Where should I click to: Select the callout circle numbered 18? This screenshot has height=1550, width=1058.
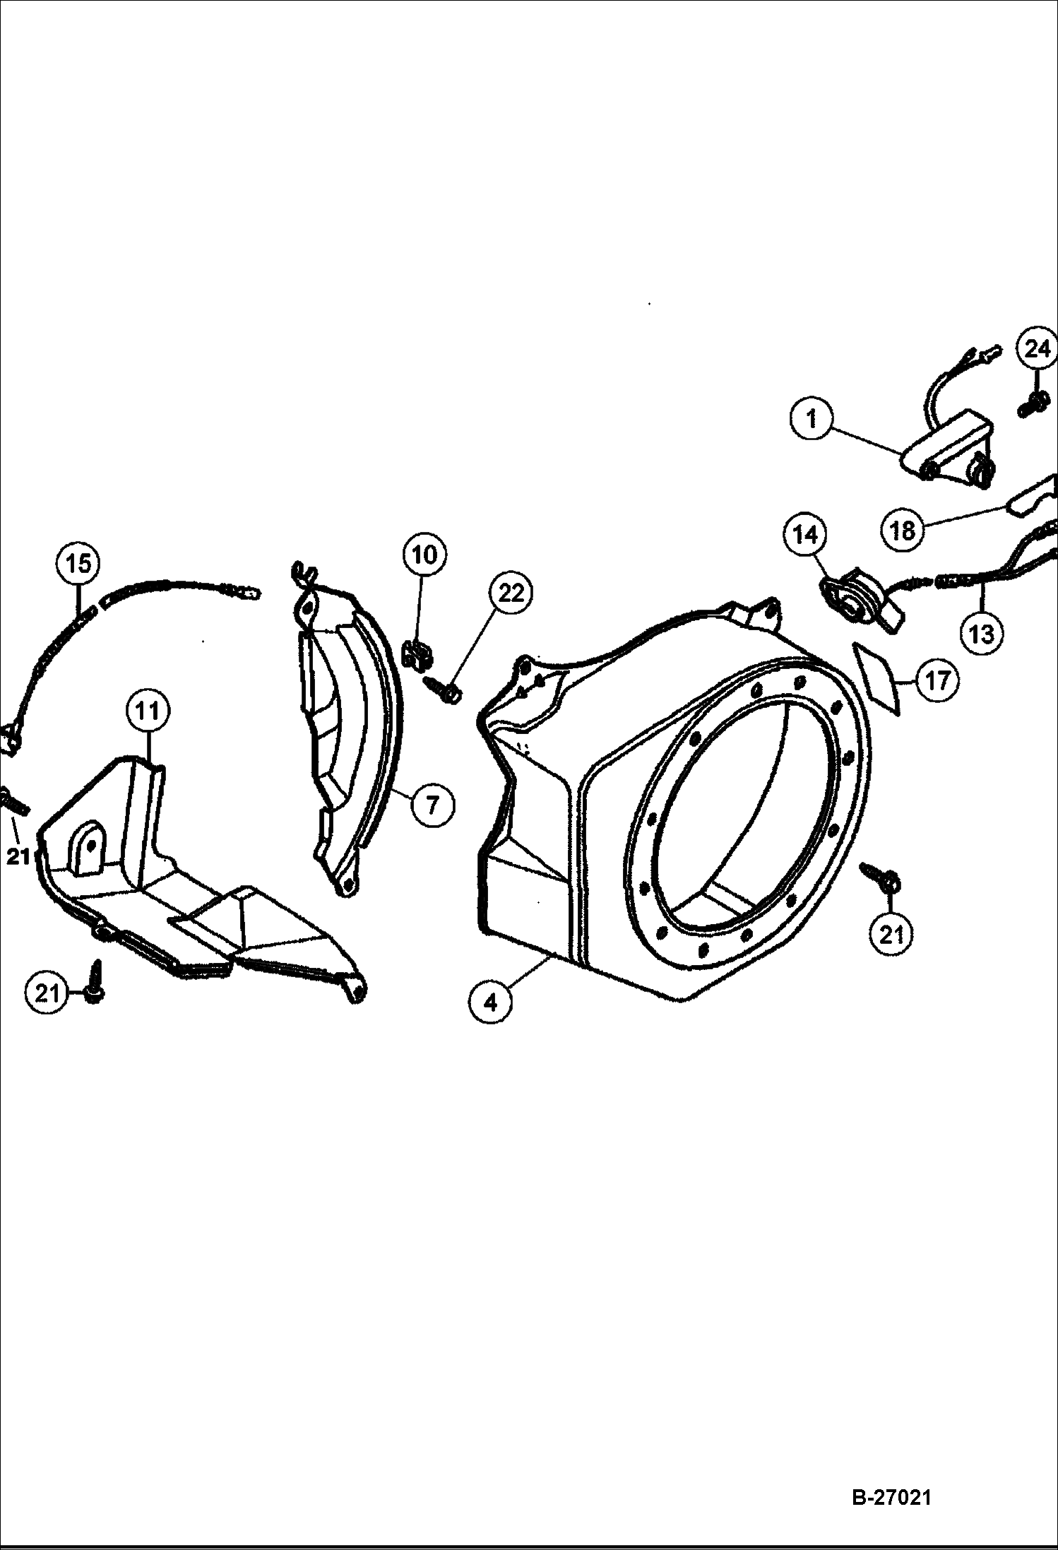(x=903, y=530)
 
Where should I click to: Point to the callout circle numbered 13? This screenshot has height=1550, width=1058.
(x=981, y=634)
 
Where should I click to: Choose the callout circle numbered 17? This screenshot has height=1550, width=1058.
(x=937, y=680)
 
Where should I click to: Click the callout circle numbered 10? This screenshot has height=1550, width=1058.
(x=424, y=555)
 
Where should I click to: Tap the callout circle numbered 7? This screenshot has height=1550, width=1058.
(x=432, y=803)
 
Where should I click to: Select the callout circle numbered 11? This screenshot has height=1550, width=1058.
(x=147, y=711)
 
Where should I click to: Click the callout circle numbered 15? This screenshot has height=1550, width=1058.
(x=78, y=563)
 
